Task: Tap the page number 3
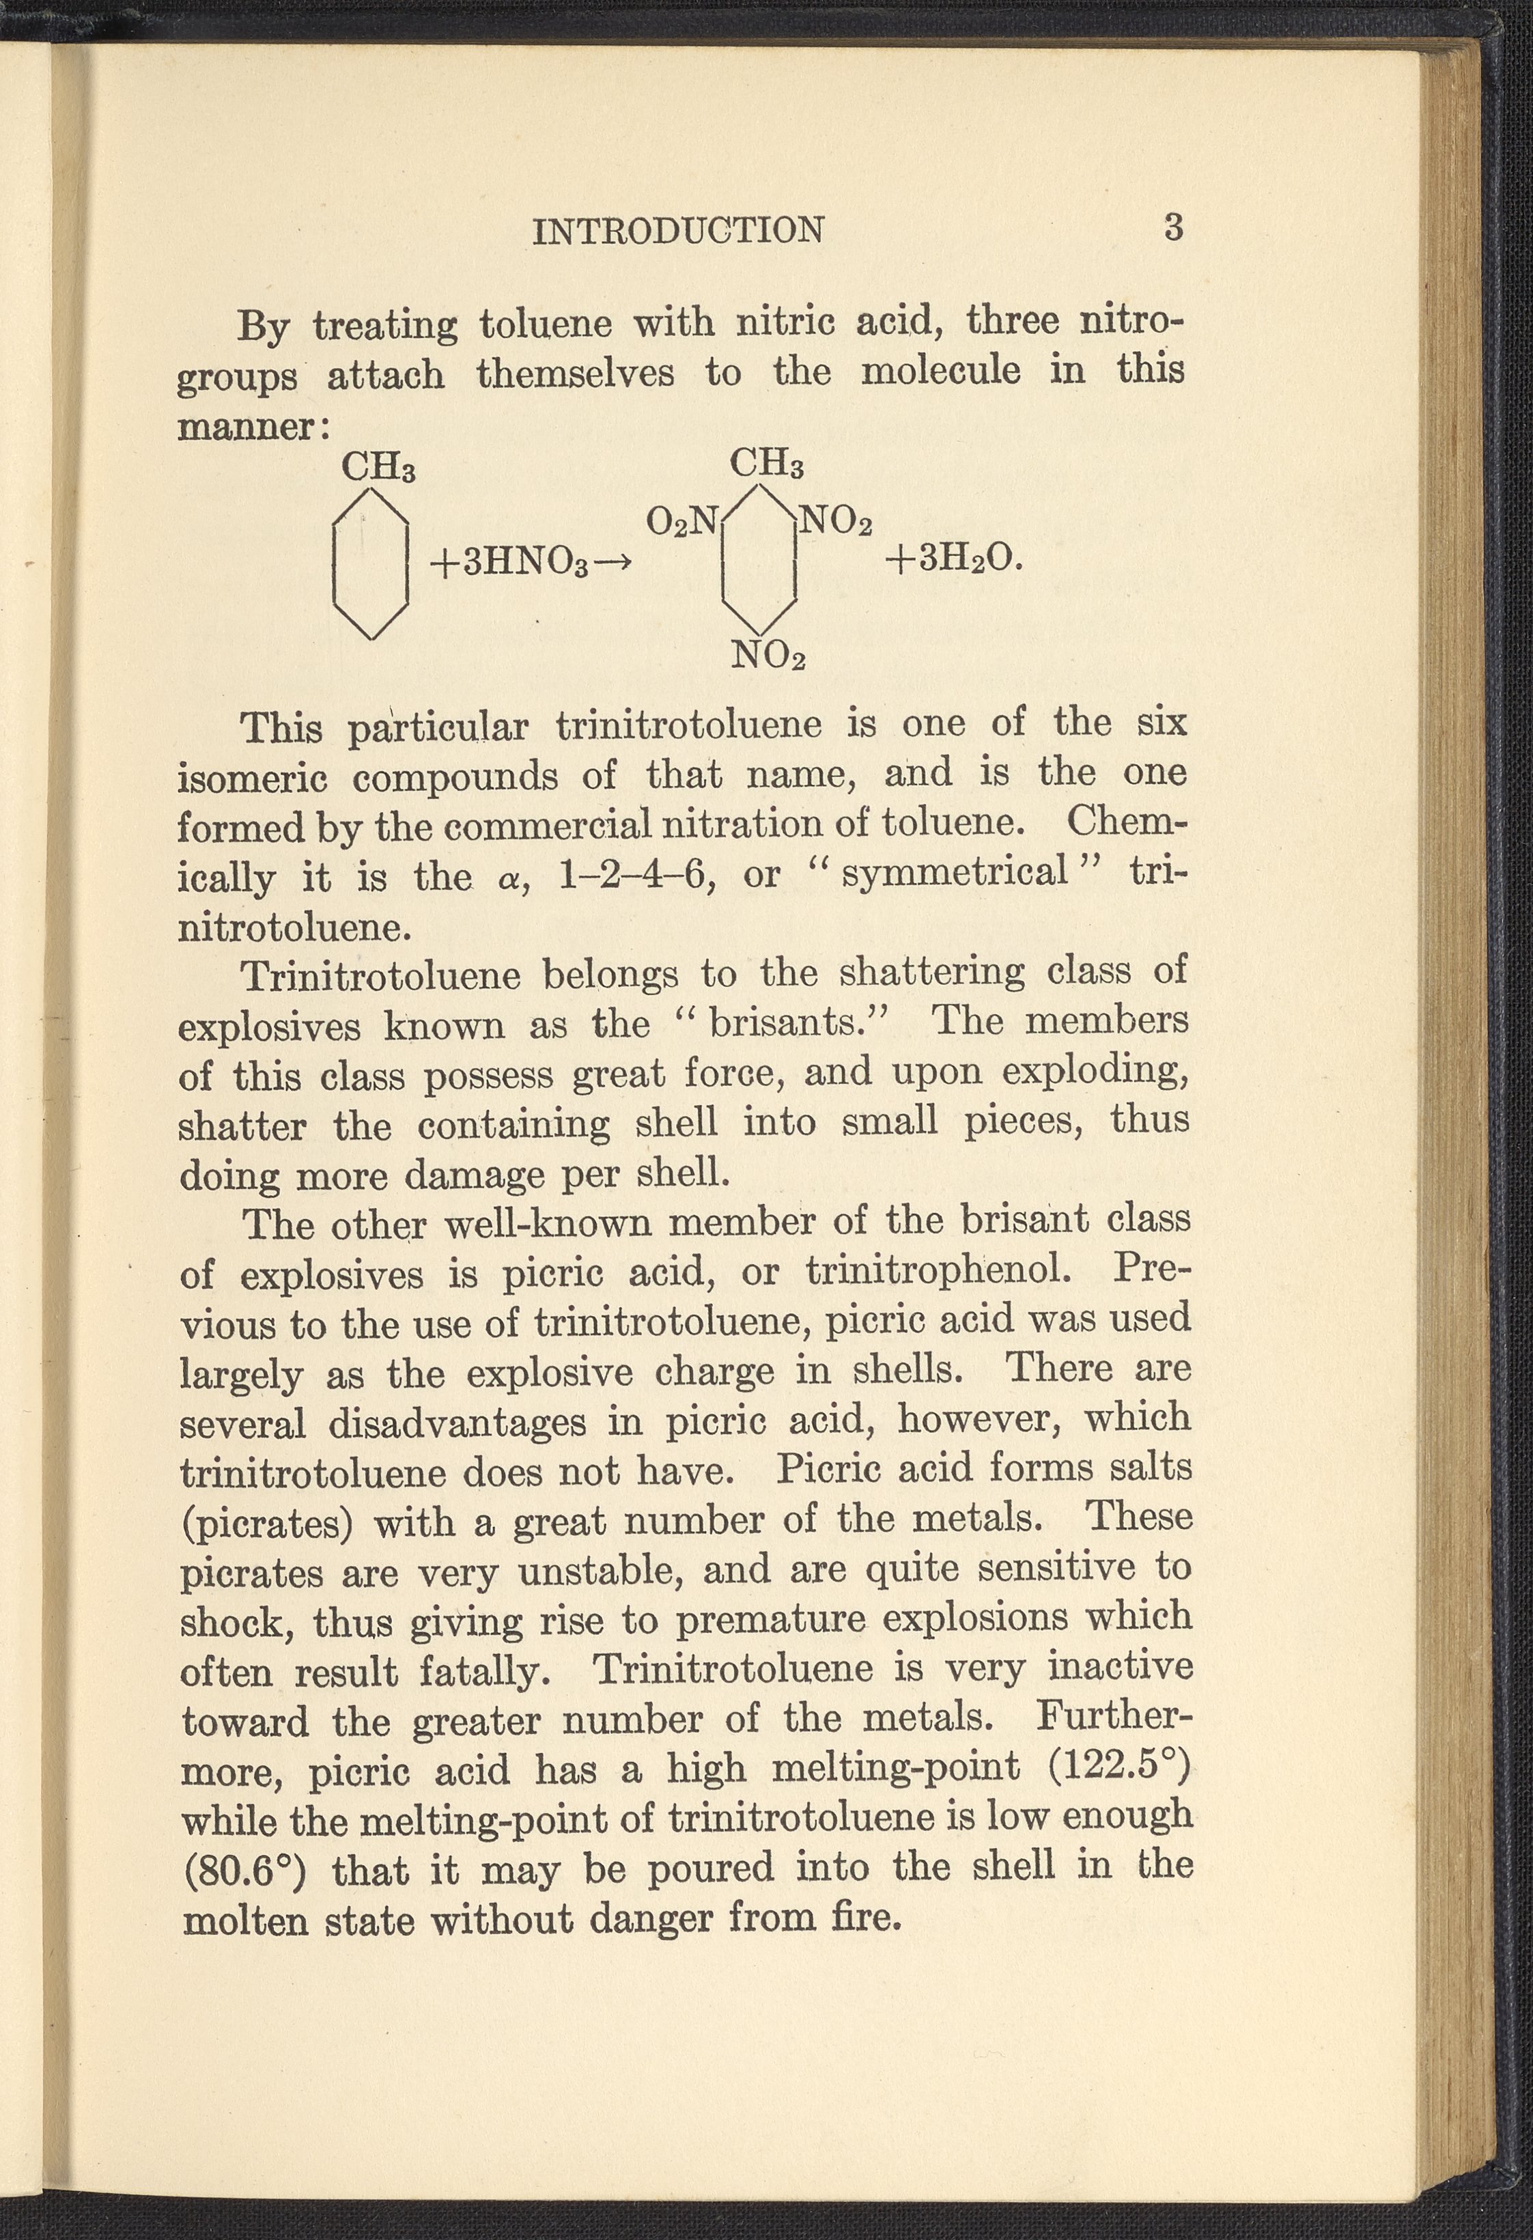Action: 1172,227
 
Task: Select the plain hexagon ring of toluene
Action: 370,564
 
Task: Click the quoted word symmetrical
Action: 956,872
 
